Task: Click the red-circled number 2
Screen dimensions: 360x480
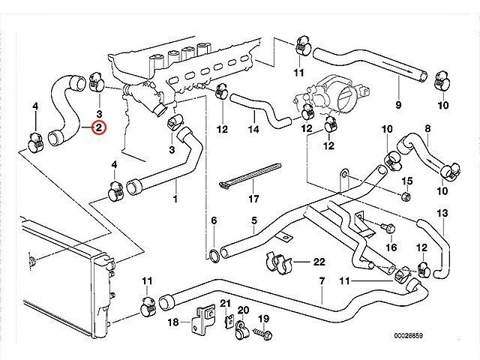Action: [99, 128]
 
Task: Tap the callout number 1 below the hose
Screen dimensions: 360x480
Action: [175, 199]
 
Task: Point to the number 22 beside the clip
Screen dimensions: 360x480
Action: [319, 262]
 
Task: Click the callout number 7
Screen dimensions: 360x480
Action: [321, 281]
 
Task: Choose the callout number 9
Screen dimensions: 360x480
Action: [398, 104]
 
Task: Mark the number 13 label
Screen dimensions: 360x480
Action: [442, 214]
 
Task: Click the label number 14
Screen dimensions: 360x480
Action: [253, 130]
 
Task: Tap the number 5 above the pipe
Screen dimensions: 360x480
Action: [254, 220]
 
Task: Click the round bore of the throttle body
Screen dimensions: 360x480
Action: [346, 100]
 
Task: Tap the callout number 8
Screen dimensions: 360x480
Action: [427, 130]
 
